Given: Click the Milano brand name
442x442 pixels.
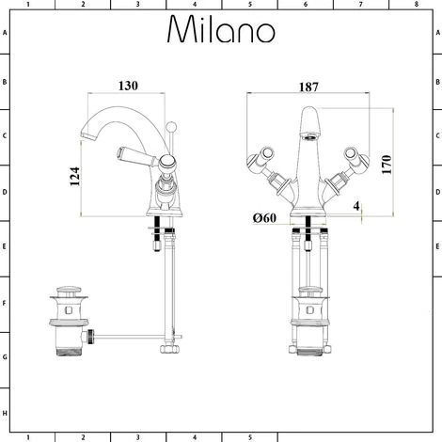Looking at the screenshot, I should (221, 30).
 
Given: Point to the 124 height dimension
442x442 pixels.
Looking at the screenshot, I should (75, 179).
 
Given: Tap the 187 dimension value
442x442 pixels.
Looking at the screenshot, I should (308, 86).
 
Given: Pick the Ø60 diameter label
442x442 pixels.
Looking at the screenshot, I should (265, 218).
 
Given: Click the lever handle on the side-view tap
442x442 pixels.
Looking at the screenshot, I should (134, 153).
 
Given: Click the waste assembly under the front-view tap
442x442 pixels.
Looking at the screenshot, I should (308, 320).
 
